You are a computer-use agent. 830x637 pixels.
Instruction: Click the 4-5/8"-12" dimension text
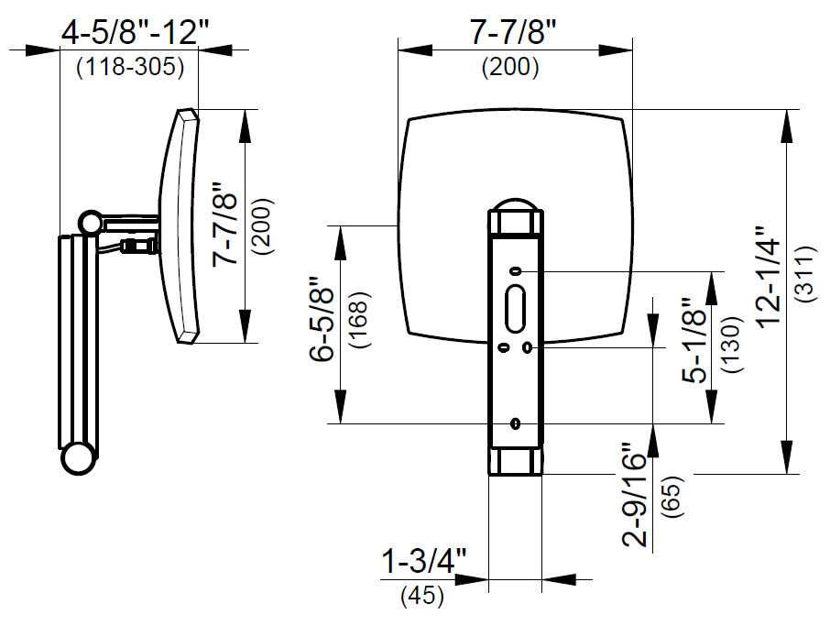(x=136, y=33)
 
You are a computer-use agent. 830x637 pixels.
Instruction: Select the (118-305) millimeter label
(x=130, y=67)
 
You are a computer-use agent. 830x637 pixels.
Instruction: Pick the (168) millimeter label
(x=358, y=319)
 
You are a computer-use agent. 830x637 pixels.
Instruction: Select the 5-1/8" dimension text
(x=694, y=340)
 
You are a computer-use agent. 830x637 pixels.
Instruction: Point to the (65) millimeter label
(x=672, y=496)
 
